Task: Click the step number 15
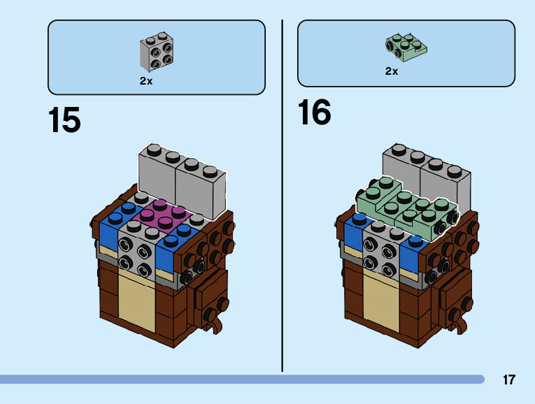[x=64, y=120]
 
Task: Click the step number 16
[x=314, y=113]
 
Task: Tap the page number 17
[x=508, y=380]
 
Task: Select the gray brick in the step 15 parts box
[x=157, y=51]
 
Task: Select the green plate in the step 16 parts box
[x=406, y=46]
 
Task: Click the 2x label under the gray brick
[x=145, y=81]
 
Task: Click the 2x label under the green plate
[x=391, y=71]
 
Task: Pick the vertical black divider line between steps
[x=282, y=196]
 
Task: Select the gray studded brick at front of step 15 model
[x=136, y=248]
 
